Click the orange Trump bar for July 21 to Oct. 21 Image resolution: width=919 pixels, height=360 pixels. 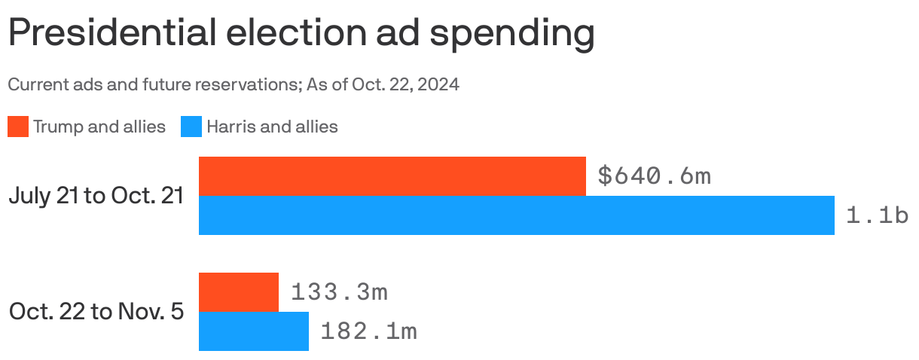click(x=392, y=176)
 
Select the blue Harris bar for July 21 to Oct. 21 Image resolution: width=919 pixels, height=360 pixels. click(x=516, y=215)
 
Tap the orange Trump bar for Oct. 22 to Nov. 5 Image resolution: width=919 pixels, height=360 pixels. click(x=238, y=292)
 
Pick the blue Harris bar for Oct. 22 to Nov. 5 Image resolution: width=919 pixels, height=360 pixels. click(x=253, y=331)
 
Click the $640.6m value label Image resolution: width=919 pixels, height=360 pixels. click(x=654, y=176)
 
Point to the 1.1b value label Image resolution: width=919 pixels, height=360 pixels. click(x=877, y=215)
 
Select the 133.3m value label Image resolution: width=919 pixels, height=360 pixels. click(x=339, y=292)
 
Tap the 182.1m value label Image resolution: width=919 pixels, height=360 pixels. click(x=368, y=331)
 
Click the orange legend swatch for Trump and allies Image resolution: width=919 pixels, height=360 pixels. click(x=18, y=127)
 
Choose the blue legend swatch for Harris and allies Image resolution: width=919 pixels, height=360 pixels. click(x=191, y=127)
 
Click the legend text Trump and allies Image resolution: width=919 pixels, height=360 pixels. click(x=99, y=127)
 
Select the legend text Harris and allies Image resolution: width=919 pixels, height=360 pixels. click(x=272, y=127)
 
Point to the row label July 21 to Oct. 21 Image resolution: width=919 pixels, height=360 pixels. click(x=96, y=196)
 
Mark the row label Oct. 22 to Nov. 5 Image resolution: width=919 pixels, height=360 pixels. click(x=96, y=312)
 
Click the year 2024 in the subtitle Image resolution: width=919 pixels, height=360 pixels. click(x=438, y=84)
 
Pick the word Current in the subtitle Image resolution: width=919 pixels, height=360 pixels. click(x=35, y=84)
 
